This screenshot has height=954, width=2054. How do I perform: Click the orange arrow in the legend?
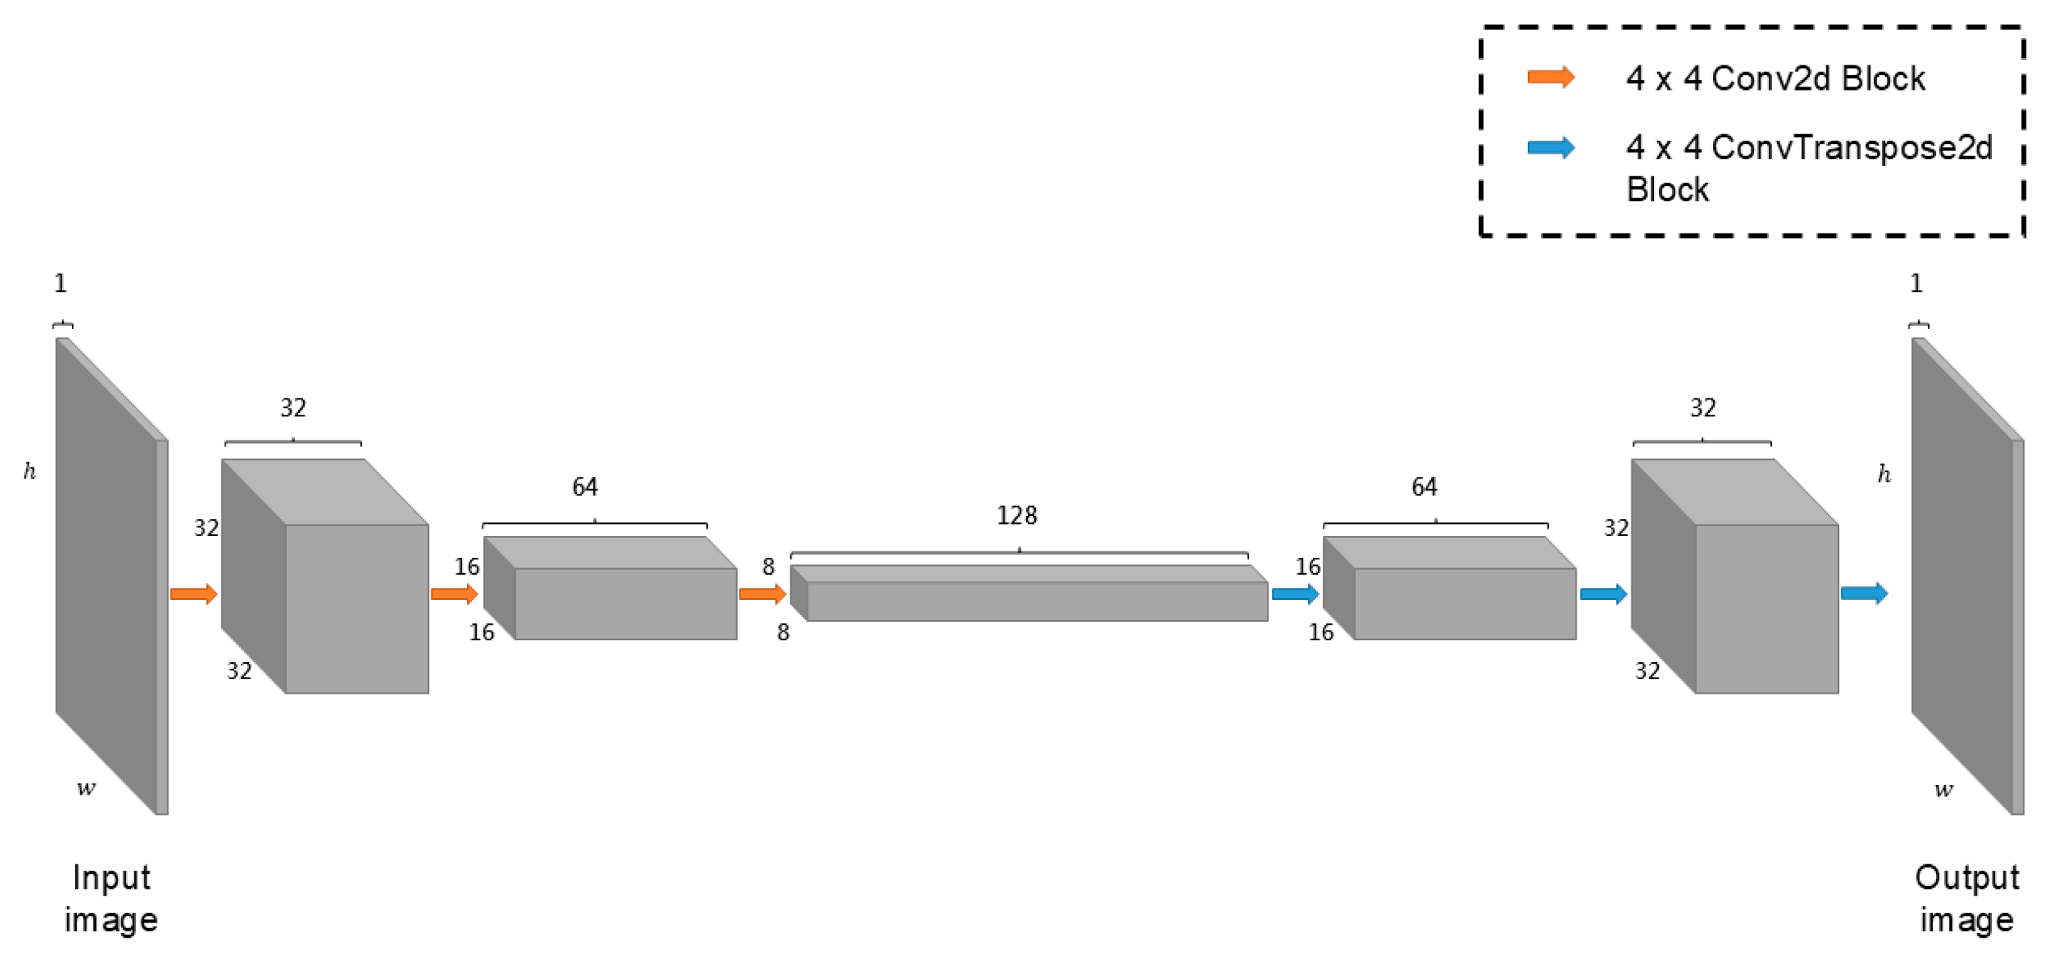point(1550,78)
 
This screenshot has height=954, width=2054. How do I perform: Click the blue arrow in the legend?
point(1550,147)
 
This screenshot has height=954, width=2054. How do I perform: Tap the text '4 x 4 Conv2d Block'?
point(1774,78)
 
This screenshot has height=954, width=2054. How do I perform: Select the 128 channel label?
point(1016,515)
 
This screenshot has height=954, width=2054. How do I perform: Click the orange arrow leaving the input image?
point(194,594)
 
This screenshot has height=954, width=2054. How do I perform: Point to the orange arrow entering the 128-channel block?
point(762,594)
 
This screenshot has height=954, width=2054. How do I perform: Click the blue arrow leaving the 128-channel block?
point(1294,594)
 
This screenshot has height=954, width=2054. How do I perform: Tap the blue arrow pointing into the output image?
point(1863,593)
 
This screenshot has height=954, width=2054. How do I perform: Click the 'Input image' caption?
point(111,898)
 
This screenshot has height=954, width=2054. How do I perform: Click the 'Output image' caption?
point(1966,898)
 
